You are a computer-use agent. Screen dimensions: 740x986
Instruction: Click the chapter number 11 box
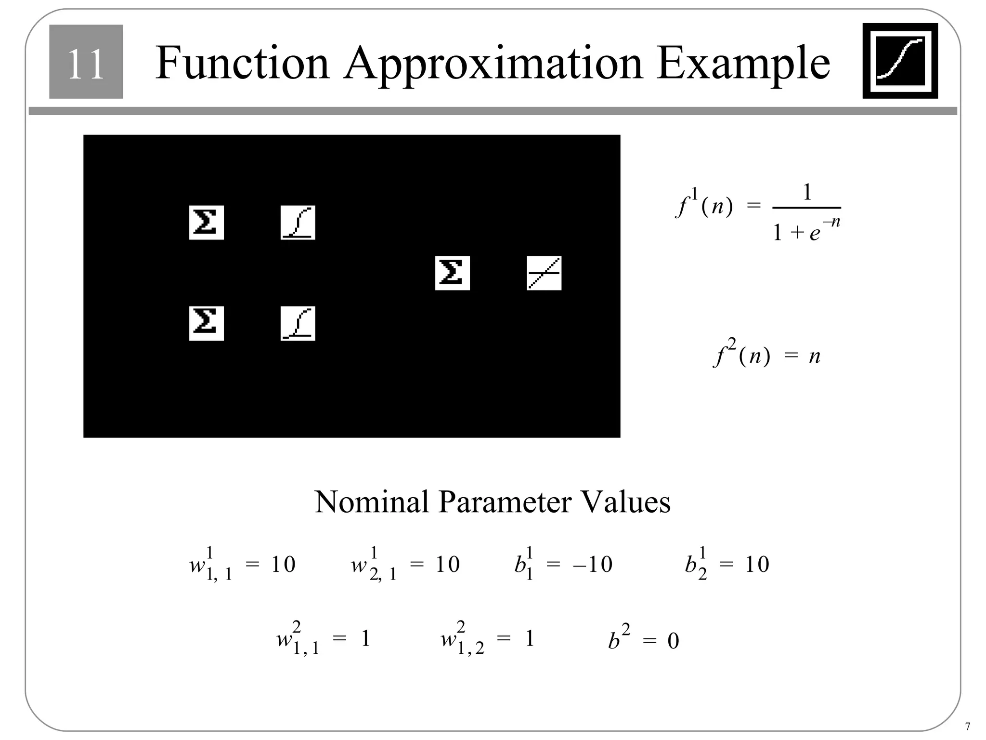[86, 62]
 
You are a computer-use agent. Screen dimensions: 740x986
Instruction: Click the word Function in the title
[242, 63]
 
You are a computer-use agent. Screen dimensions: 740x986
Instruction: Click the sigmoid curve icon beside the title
[899, 61]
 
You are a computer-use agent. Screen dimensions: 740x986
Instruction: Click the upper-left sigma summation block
[206, 223]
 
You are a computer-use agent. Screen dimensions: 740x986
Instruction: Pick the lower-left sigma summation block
[206, 323]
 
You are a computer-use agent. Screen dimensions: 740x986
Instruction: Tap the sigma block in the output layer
[452, 273]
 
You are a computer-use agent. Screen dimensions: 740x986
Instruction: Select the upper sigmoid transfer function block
[298, 223]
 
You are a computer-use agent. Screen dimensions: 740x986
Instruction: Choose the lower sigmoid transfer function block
[298, 323]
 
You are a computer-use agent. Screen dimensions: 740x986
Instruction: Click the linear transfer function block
[544, 273]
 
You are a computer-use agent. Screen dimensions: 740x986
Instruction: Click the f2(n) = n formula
[766, 356]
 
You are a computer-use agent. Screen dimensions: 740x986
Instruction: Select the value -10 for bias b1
[593, 564]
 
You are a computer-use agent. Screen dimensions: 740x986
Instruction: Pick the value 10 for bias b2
[757, 564]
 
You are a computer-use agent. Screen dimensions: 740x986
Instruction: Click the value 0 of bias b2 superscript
[673, 641]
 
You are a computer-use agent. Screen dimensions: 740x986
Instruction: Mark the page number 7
[968, 727]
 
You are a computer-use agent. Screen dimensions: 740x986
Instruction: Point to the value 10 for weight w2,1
[447, 564]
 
